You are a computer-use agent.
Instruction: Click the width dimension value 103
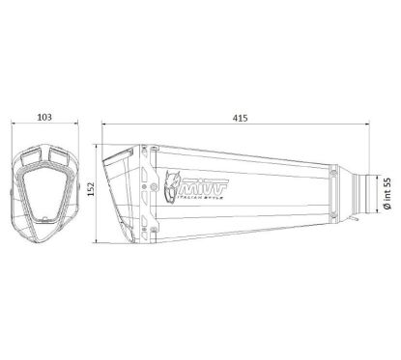[x=44, y=116]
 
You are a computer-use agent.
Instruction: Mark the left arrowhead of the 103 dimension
[x=13, y=125]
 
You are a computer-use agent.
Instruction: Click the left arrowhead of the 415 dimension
[x=104, y=125]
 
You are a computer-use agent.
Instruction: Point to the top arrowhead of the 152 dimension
[x=97, y=145]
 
